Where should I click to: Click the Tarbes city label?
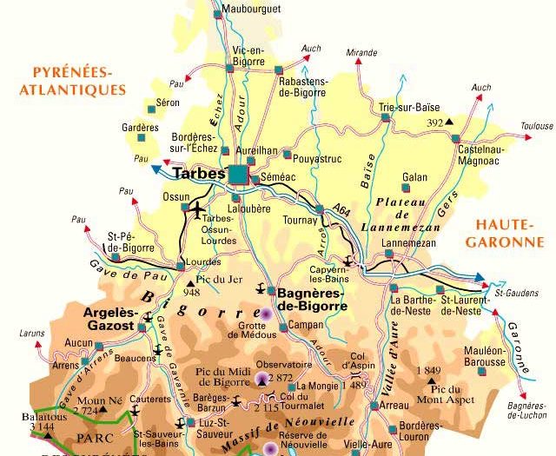click(199, 174)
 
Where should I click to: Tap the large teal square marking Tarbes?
click(238, 175)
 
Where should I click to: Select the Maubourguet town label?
click(252, 8)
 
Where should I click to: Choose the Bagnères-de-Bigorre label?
click(312, 300)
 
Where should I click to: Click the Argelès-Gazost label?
click(109, 318)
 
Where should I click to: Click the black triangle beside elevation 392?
click(451, 122)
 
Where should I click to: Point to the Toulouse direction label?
click(537, 126)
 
